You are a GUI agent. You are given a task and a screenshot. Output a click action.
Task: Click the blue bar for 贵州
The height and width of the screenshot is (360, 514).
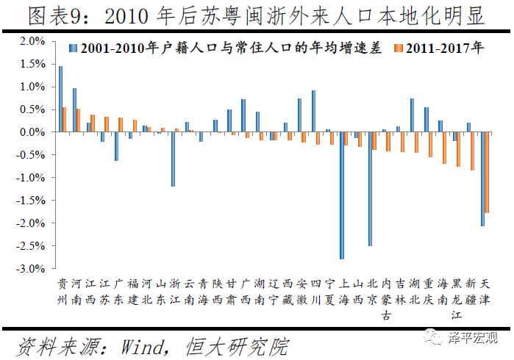point(60,99)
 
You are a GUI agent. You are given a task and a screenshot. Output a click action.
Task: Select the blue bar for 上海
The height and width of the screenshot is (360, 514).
point(342,195)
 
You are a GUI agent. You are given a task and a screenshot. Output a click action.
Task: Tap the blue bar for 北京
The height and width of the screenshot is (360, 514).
point(370,189)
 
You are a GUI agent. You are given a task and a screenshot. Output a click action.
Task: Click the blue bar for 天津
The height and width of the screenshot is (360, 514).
point(482,179)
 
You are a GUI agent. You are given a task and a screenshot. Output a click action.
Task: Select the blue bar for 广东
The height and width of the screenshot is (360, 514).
point(116,146)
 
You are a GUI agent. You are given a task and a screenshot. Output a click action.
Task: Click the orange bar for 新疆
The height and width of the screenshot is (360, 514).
point(473,151)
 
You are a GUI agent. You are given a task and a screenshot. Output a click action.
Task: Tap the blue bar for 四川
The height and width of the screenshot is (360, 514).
point(313,111)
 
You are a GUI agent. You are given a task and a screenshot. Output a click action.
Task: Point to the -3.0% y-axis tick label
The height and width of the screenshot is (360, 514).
point(29,269)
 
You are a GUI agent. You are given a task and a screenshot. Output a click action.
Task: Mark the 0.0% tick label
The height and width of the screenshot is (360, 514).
point(30,132)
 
